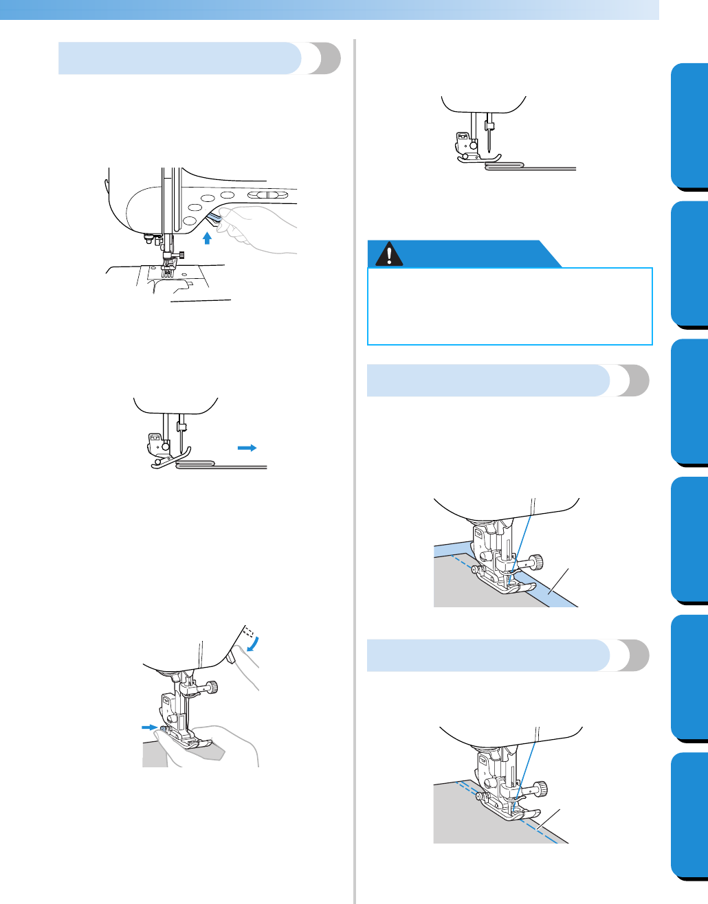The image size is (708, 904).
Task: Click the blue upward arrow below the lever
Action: click(207, 238)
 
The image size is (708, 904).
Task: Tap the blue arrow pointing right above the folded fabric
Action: click(247, 447)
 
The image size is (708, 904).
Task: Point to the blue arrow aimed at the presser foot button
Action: click(149, 727)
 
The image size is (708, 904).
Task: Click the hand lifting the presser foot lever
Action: click(261, 227)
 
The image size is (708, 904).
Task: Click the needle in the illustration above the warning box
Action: click(489, 141)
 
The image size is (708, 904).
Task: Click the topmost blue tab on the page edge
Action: click(689, 126)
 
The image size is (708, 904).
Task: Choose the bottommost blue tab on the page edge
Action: click(689, 815)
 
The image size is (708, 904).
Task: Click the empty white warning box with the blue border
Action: click(509, 306)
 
